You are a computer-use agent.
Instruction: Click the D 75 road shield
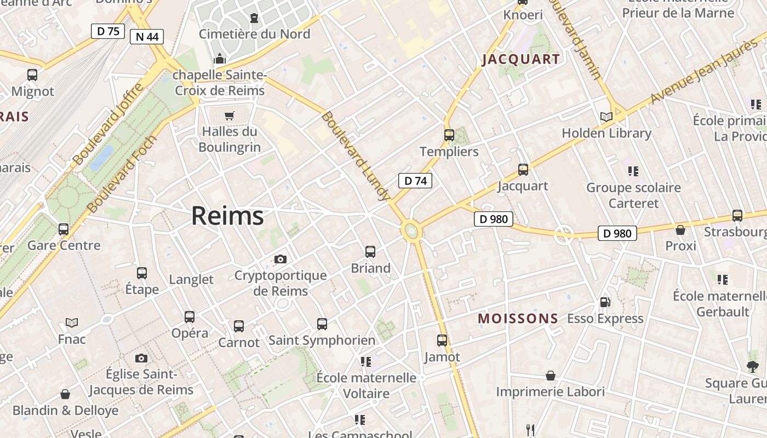tap(108, 31)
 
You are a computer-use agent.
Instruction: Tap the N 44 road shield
tap(147, 37)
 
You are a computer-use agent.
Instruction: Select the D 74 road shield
tap(415, 181)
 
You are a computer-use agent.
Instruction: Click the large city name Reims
tap(227, 216)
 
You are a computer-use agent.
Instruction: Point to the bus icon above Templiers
tap(449, 135)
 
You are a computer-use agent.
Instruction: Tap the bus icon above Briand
tap(370, 252)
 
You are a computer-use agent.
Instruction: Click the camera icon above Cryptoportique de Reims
tap(281, 259)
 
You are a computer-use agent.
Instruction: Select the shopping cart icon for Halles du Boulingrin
tap(229, 116)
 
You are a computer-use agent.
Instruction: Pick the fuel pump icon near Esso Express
tap(605, 302)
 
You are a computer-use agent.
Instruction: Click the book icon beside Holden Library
tap(606, 117)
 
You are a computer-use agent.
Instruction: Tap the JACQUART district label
tap(521, 60)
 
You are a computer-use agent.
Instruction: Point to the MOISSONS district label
tap(518, 319)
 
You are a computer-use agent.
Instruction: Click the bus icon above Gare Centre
tap(64, 229)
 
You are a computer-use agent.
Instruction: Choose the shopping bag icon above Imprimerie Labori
tap(550, 376)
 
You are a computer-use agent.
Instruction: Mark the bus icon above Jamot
tap(442, 341)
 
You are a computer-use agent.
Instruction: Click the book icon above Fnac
tap(72, 322)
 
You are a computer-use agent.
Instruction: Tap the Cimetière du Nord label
tap(254, 34)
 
